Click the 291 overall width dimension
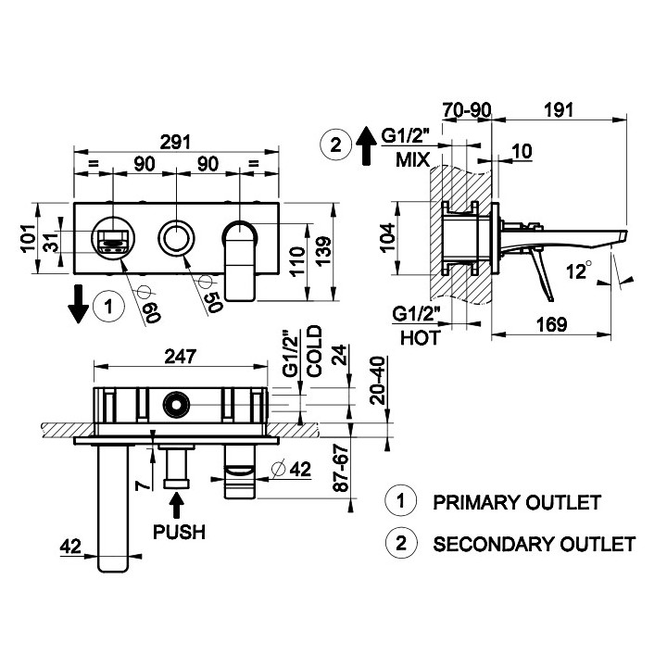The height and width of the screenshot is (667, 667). tap(177, 142)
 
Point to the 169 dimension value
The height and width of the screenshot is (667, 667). tap(552, 325)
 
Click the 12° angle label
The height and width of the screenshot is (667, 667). tap(581, 271)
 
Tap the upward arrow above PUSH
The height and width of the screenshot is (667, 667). tap(178, 505)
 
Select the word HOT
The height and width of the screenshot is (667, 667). tap(420, 338)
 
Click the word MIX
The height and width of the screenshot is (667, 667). tap(412, 159)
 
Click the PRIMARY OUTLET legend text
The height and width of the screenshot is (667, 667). tap(516, 502)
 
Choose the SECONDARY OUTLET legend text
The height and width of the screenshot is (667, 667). tap(534, 544)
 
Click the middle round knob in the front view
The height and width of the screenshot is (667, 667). tap(173, 238)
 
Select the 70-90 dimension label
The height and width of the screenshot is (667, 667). tap(466, 108)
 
